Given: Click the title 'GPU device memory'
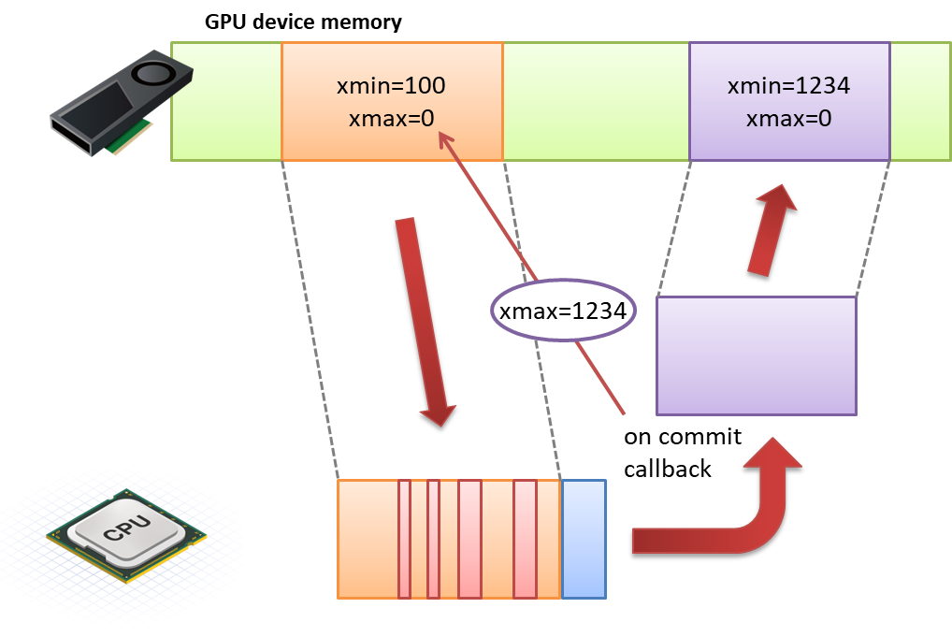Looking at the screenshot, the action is [x=303, y=22].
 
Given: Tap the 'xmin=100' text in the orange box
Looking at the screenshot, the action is [x=391, y=86].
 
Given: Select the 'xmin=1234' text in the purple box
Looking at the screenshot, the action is [x=788, y=86].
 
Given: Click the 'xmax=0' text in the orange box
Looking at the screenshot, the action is [x=392, y=119].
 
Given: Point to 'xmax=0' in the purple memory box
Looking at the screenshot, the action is [x=788, y=119].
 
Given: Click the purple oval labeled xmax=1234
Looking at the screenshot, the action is [x=563, y=311].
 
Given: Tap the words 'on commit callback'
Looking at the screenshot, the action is [x=683, y=453].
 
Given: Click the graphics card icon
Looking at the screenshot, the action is [x=122, y=103].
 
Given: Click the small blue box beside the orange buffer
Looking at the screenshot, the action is [x=584, y=539].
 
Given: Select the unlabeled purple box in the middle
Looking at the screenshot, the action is [x=757, y=355].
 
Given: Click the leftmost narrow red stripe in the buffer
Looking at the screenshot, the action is [x=404, y=539].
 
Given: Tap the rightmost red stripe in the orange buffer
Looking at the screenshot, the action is [x=526, y=539].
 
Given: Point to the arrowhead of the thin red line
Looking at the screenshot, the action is [x=440, y=135].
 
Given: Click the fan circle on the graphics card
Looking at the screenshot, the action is [x=153, y=74].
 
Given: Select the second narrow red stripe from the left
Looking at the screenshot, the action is [x=433, y=539].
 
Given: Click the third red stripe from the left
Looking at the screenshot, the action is [x=470, y=539].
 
